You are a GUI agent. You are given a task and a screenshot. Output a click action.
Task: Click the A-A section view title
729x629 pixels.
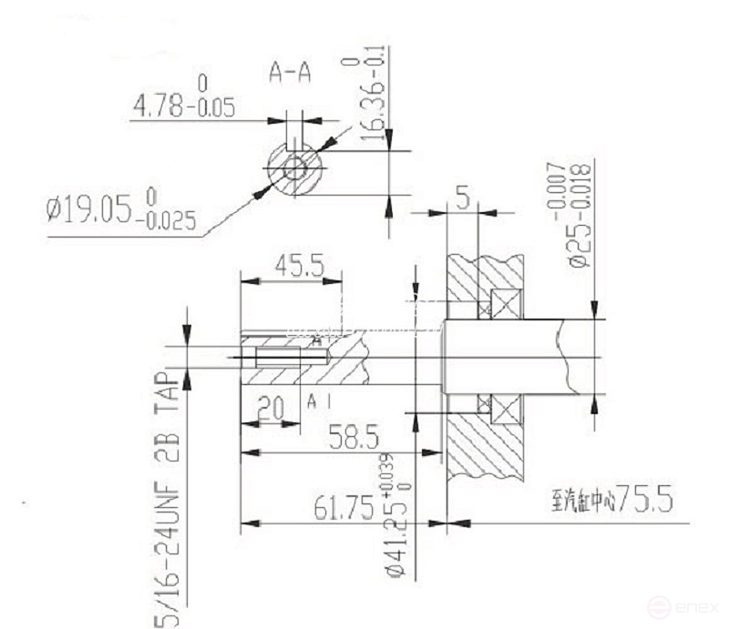coord(290,73)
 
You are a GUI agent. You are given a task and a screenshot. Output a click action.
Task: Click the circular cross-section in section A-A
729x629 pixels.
coord(294,168)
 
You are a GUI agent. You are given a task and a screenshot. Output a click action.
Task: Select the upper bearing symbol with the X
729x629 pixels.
coord(502,303)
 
